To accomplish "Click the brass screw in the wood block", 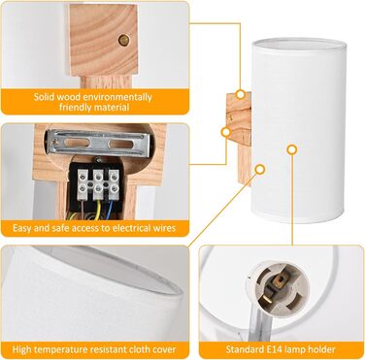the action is coord(123,40).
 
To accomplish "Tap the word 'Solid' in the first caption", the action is coord(44,97).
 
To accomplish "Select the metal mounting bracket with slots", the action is coord(99,143).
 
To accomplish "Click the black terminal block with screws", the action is coord(95,184).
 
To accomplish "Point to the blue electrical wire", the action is coord(112,206).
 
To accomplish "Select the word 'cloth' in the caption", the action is coord(137,349).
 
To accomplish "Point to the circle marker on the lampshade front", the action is coord(292,149).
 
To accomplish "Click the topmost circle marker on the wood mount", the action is coord(240,94).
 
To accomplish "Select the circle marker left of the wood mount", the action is coord(226,132).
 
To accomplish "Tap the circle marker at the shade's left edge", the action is coord(260,169).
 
